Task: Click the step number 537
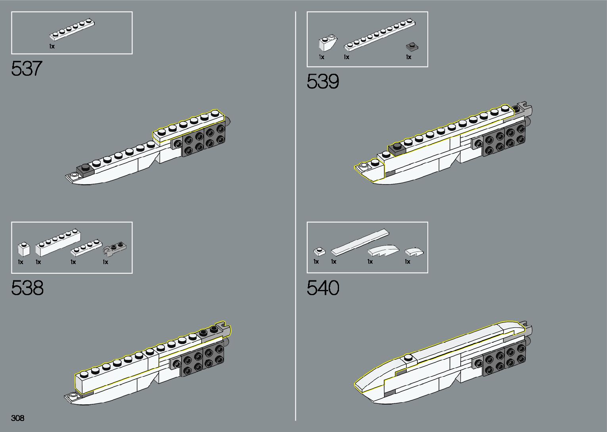(26, 68)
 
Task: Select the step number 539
(323, 81)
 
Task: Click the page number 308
(18, 418)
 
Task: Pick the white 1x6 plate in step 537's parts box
(72, 30)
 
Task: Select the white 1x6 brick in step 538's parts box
(58, 242)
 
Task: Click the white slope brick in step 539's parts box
(328, 43)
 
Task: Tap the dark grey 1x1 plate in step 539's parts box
(412, 46)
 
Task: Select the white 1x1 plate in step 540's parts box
(319, 251)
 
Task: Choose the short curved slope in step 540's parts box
(414, 252)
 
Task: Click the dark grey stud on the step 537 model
(84, 169)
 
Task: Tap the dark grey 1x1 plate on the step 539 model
(396, 148)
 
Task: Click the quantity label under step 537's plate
(52, 46)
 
